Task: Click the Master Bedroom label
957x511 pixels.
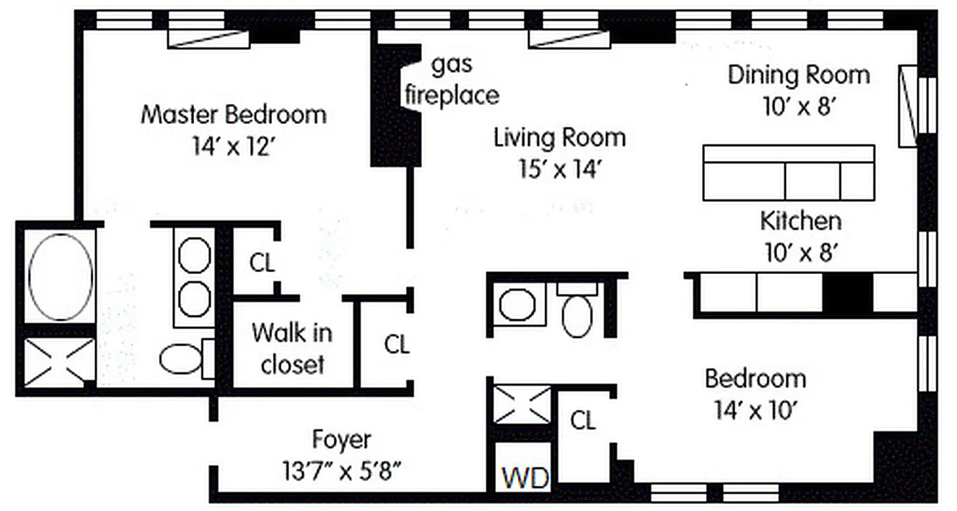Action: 233,116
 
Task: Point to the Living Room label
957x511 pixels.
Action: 559,138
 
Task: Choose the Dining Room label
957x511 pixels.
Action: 799,75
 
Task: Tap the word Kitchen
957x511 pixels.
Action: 800,221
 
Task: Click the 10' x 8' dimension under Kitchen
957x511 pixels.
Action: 800,253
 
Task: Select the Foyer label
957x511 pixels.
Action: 342,439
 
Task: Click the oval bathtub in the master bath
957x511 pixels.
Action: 61,277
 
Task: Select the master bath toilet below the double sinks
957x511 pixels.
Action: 182,359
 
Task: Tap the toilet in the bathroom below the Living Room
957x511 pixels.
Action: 577,314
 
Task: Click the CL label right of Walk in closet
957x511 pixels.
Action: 396,345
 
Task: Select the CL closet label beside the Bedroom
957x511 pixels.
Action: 582,421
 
